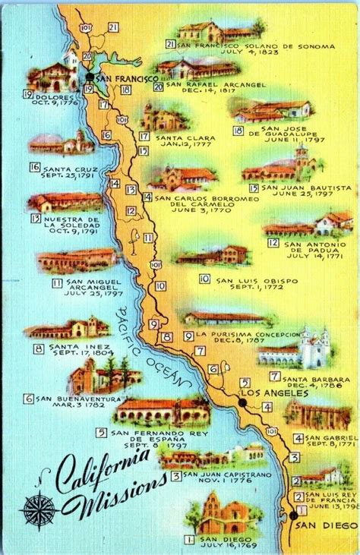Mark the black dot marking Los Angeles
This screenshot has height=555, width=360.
[x=241, y=402]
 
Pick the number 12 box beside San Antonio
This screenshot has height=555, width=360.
[x=273, y=242]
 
